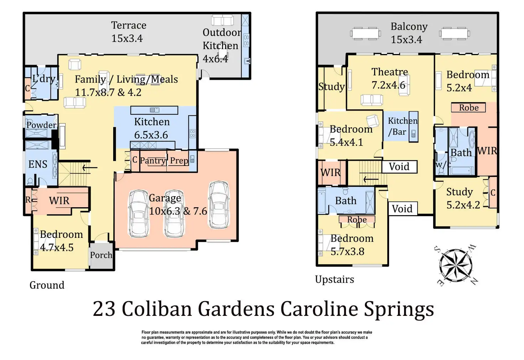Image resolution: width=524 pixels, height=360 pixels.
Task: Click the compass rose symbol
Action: click(x=456, y=266)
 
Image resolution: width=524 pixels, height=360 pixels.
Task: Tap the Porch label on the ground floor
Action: click(x=101, y=255)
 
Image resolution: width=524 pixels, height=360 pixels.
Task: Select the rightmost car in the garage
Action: click(x=219, y=205)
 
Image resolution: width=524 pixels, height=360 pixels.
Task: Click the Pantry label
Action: click(x=153, y=161)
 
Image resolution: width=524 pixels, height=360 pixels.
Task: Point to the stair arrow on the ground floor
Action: click(x=90, y=168)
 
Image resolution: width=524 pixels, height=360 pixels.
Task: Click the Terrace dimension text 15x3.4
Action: click(x=127, y=38)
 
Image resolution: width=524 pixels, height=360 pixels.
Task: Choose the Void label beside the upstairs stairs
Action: click(x=399, y=167)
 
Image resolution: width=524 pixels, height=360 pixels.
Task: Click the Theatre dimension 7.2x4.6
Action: click(x=389, y=85)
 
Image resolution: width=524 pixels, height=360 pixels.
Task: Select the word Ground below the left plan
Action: click(x=47, y=285)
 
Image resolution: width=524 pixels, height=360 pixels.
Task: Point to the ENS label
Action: click(x=38, y=164)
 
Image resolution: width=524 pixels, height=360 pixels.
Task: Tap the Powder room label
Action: click(x=41, y=125)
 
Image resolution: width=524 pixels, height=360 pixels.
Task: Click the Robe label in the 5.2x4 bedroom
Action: click(x=469, y=108)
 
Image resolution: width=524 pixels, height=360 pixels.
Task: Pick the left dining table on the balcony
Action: click(x=365, y=33)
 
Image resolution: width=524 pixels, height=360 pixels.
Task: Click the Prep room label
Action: click(x=179, y=161)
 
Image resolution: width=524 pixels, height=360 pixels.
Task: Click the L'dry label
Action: click(x=44, y=79)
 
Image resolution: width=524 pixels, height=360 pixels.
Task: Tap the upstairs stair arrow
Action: click(x=371, y=179)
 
